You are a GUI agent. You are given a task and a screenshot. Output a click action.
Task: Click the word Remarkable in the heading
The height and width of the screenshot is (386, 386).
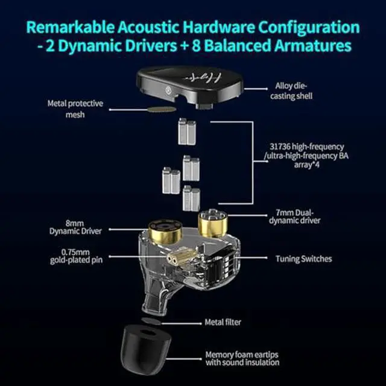point(73,27)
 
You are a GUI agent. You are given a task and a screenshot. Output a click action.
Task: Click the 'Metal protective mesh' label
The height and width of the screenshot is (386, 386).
point(75,109)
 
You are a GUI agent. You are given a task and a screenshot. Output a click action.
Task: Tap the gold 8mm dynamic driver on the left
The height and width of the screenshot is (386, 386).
point(163,226)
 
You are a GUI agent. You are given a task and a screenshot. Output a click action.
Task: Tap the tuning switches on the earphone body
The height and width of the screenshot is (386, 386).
point(229,259)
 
